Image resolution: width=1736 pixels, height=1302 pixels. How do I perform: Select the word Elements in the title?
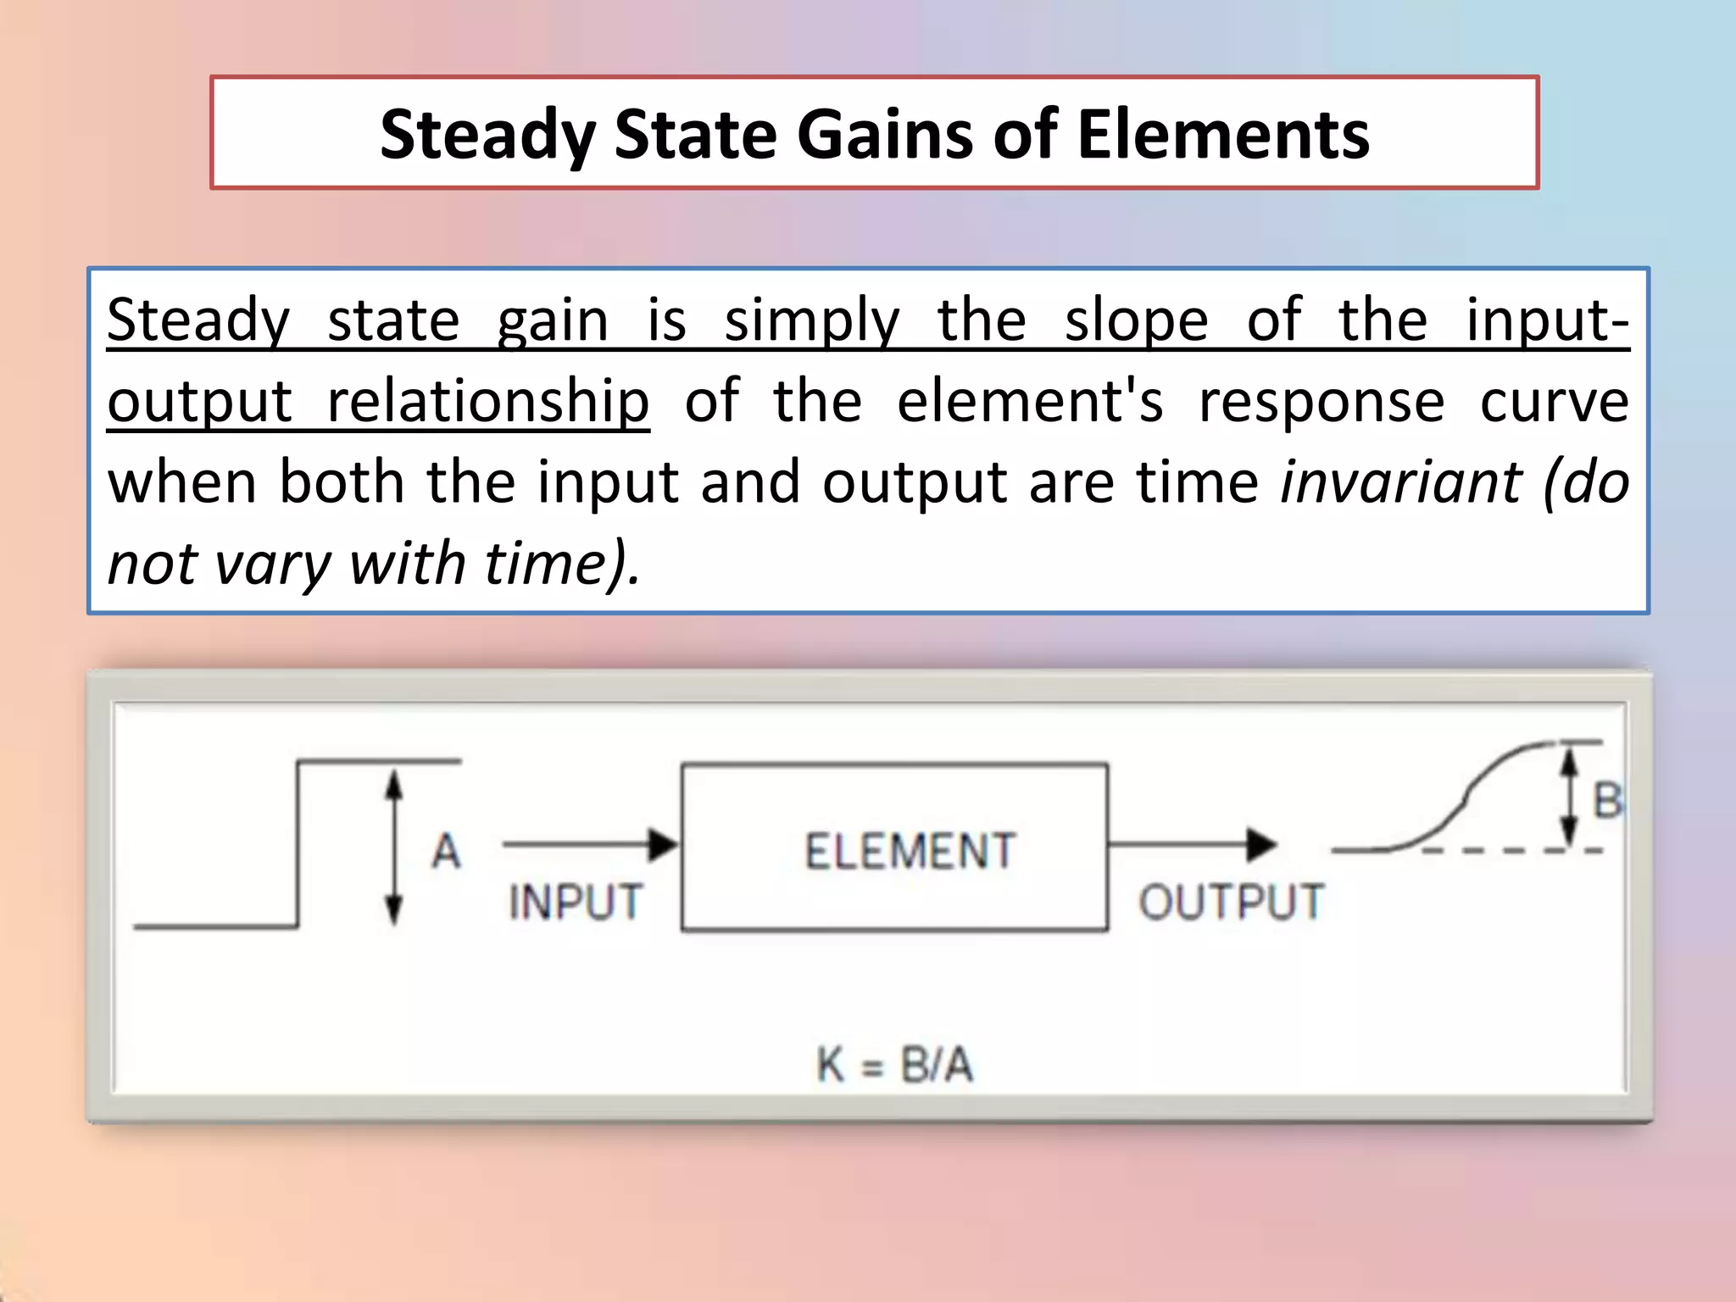point(1223,136)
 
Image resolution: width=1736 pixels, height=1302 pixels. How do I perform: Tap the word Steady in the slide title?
point(487,136)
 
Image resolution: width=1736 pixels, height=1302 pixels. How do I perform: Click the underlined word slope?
point(1136,321)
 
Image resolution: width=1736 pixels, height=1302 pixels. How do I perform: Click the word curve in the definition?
point(1554,401)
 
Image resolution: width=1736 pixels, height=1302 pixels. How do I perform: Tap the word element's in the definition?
point(1030,401)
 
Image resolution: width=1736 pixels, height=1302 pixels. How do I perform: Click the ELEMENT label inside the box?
point(910,851)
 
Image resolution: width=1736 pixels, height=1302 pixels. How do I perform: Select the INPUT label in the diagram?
point(576,901)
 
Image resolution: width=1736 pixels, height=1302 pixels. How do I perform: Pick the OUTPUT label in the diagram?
point(1231,901)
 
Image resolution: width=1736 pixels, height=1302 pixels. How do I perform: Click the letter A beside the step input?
point(447,851)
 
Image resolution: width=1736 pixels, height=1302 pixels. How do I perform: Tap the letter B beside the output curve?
point(1607,801)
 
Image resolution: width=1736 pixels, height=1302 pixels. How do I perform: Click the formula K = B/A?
point(895,1065)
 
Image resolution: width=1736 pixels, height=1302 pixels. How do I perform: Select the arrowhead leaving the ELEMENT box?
point(1261,844)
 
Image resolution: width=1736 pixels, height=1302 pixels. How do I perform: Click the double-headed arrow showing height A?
point(393,848)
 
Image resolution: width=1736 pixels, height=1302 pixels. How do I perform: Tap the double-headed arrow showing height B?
point(1570,795)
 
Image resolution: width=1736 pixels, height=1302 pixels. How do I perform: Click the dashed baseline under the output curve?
point(1509,850)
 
